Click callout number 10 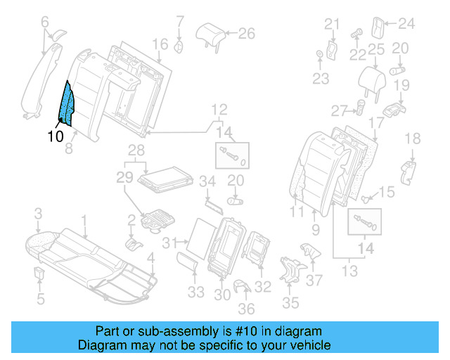[x=55, y=136]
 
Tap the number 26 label [x=246, y=32]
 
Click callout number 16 [x=160, y=45]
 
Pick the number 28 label [x=136, y=150]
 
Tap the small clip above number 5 [x=40, y=271]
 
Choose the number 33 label [x=198, y=291]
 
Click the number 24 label [x=407, y=24]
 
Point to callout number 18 [x=413, y=138]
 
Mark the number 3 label [x=39, y=213]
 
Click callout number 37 [x=314, y=281]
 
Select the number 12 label [x=219, y=109]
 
